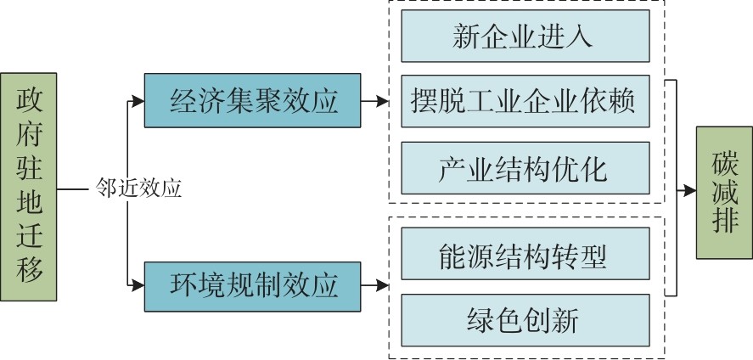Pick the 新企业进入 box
[524, 37]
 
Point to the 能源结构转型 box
[524, 253]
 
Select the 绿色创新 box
[524, 319]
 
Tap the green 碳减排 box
[721, 192]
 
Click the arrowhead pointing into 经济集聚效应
[138, 103]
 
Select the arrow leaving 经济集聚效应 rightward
[371, 103]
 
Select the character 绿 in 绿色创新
[480, 319]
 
